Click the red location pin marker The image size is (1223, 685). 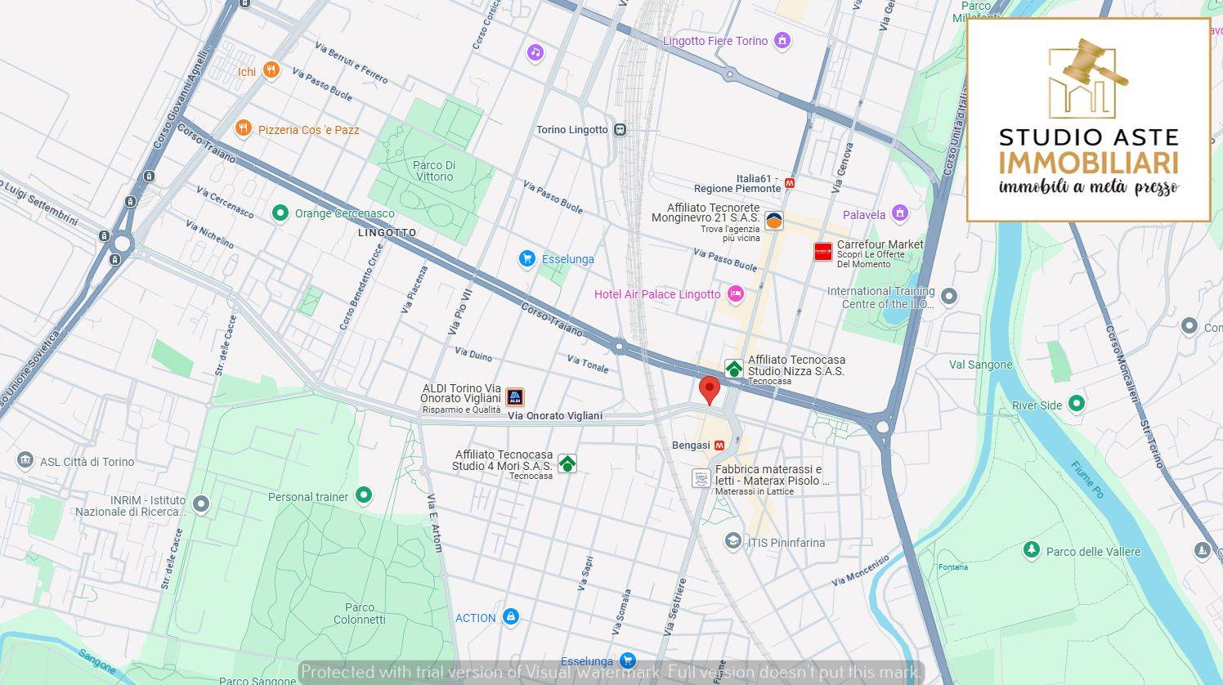click(710, 389)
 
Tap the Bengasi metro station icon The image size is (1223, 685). click(719, 445)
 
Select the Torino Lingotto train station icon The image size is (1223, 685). click(620, 129)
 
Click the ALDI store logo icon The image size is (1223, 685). click(514, 398)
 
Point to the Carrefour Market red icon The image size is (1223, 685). click(822, 252)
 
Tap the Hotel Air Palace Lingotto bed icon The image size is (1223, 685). click(735, 294)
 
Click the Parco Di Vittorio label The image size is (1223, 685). click(433, 171)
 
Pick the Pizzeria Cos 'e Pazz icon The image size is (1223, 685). click(243, 128)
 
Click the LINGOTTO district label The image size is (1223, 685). click(387, 233)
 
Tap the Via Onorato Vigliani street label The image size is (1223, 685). click(554, 416)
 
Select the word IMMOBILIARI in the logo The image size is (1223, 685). click(1088, 161)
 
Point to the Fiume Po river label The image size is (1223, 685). click(1087, 480)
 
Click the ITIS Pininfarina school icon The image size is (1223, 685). click(733, 541)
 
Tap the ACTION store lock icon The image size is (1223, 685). click(511, 616)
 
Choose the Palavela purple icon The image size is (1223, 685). click(900, 213)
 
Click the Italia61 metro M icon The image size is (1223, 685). click(789, 183)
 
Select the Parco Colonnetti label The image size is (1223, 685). click(359, 613)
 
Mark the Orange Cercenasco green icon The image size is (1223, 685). click(280, 213)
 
